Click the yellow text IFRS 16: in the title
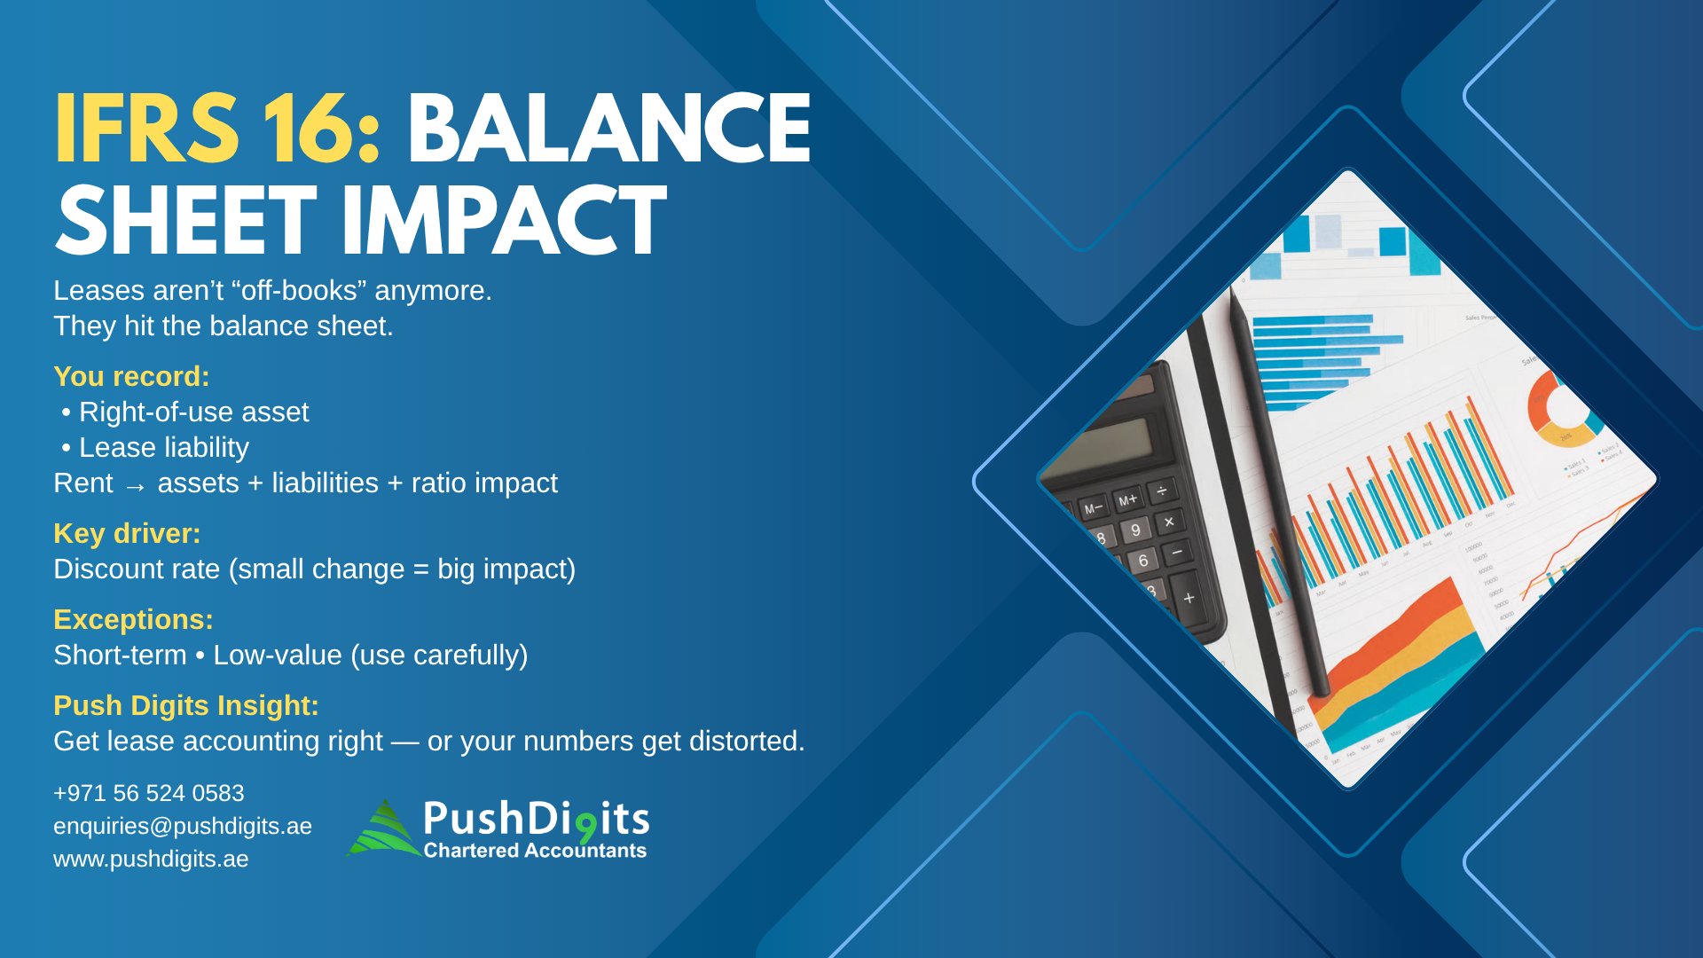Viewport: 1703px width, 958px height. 218,129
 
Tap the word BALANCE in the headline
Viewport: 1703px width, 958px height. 609,129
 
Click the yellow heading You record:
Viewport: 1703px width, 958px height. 131,376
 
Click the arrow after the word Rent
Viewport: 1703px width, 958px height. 135,486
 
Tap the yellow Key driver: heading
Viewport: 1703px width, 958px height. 127,533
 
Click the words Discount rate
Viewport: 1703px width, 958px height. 137,569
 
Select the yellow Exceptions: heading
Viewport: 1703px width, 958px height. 133,619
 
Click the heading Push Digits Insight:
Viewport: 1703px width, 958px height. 186,705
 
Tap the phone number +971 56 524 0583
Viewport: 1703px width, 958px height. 149,793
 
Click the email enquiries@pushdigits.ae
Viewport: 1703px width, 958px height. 183,826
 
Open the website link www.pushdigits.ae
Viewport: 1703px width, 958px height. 151,859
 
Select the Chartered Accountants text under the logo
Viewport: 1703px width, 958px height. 535,850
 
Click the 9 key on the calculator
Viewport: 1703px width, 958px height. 1135,530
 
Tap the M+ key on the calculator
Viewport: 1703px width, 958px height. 1127,500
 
